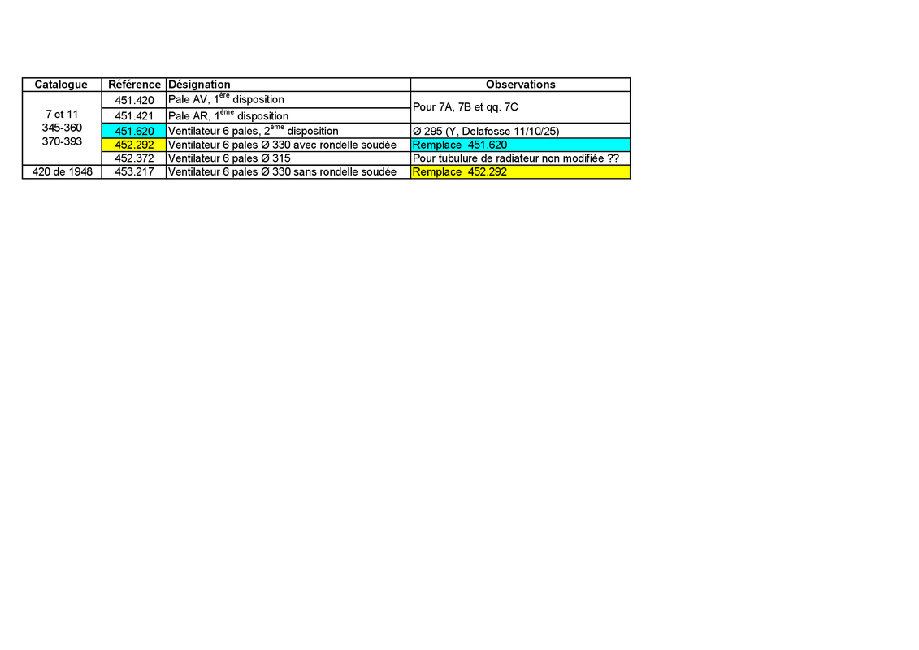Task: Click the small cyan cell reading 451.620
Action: (x=134, y=131)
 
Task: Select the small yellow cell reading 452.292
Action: (x=134, y=145)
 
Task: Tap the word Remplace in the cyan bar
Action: (x=436, y=145)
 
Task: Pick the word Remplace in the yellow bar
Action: (x=436, y=171)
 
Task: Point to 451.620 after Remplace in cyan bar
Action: (x=488, y=145)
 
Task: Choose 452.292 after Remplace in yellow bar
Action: (x=488, y=171)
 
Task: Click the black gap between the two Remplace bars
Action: (x=520, y=158)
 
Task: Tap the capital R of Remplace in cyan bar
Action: (x=416, y=145)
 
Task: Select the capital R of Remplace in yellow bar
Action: (x=416, y=171)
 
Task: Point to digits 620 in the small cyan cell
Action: (x=145, y=131)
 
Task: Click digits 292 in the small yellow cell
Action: (x=145, y=145)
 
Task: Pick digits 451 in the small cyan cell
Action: (x=124, y=131)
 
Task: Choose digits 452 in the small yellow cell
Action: (x=124, y=145)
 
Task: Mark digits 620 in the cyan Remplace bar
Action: (x=498, y=145)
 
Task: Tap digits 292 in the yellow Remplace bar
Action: (x=498, y=171)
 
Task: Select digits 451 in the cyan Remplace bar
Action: (x=477, y=145)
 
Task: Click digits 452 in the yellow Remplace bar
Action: (x=477, y=171)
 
